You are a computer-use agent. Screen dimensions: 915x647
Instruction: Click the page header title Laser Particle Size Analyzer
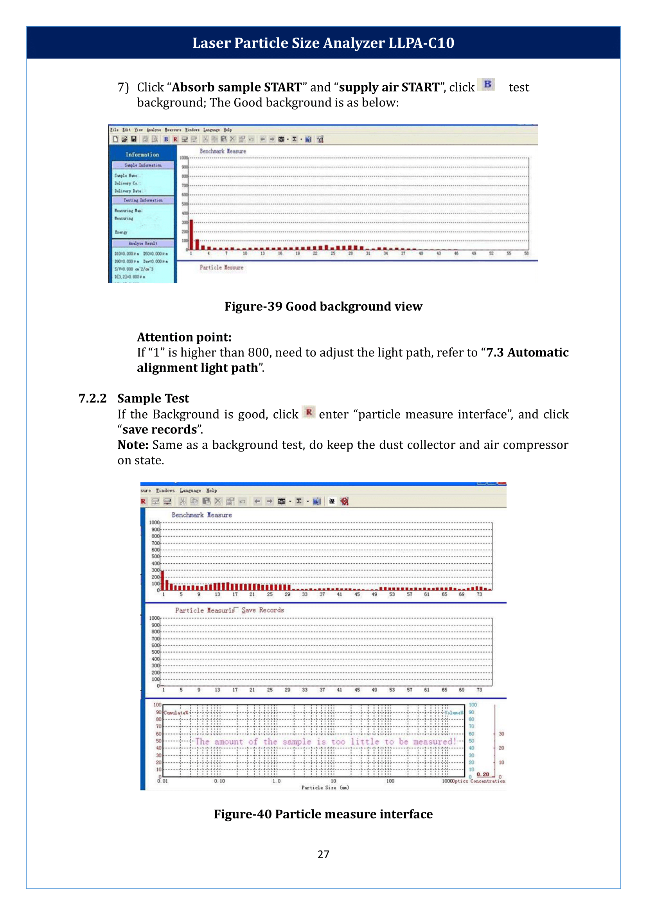coord(323,43)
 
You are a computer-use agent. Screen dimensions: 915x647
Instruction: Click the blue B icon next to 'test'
coord(487,84)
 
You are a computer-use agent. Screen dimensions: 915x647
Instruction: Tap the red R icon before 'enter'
coord(309,412)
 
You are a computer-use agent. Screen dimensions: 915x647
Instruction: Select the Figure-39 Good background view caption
coord(323,306)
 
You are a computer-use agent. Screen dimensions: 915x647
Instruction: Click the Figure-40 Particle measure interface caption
coord(323,814)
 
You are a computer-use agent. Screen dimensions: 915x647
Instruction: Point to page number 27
coord(323,854)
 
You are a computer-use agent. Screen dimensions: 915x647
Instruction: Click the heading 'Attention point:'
coord(184,337)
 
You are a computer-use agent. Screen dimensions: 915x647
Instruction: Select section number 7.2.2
coord(92,398)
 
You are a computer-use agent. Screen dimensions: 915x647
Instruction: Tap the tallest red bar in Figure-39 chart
coord(191,235)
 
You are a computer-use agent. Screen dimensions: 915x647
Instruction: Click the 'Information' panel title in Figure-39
coord(142,155)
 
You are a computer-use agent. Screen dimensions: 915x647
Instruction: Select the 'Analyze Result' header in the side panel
coord(143,243)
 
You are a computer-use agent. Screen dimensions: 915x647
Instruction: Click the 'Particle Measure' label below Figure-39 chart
coord(221,268)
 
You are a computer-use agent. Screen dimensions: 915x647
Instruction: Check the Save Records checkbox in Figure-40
coord(236,609)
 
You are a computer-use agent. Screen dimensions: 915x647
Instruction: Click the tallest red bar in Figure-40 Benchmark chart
coord(163,581)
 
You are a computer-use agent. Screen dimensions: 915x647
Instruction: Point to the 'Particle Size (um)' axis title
coord(325,787)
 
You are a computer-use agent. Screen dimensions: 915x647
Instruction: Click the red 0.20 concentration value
coord(483,774)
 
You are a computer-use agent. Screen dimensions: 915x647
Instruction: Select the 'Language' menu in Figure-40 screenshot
coord(190,491)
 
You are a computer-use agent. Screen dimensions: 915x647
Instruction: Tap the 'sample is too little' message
coord(325,742)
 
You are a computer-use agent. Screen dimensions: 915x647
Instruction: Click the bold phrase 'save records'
coord(159,430)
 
